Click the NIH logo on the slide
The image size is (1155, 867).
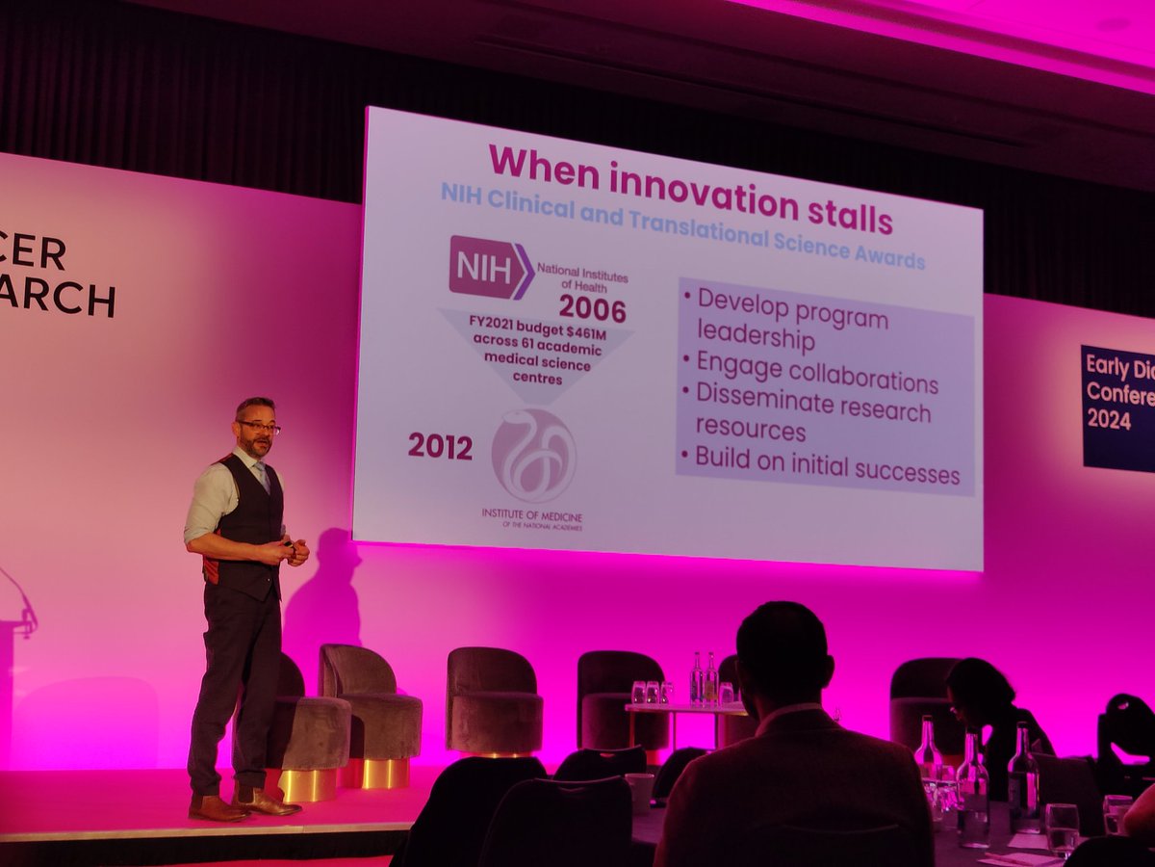[x=491, y=267]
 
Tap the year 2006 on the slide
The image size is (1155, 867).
[x=592, y=309]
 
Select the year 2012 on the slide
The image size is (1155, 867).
[x=440, y=446]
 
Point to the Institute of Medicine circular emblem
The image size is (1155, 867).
[x=533, y=455]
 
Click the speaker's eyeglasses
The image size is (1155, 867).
[x=260, y=427]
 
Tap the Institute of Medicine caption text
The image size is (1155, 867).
[x=532, y=515]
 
